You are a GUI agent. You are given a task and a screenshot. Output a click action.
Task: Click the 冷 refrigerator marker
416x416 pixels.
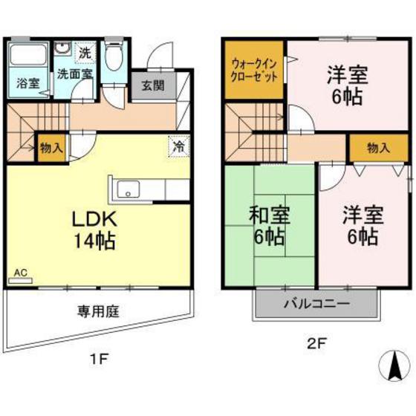pos(178,146)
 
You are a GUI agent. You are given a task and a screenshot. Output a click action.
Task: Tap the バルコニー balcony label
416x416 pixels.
pos(316,303)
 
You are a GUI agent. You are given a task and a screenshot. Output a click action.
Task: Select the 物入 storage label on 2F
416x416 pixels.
pos(379,148)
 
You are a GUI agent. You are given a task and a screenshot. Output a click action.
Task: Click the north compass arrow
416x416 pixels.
pos(394,363)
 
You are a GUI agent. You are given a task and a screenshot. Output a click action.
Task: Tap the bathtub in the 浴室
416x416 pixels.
pos(27,53)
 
